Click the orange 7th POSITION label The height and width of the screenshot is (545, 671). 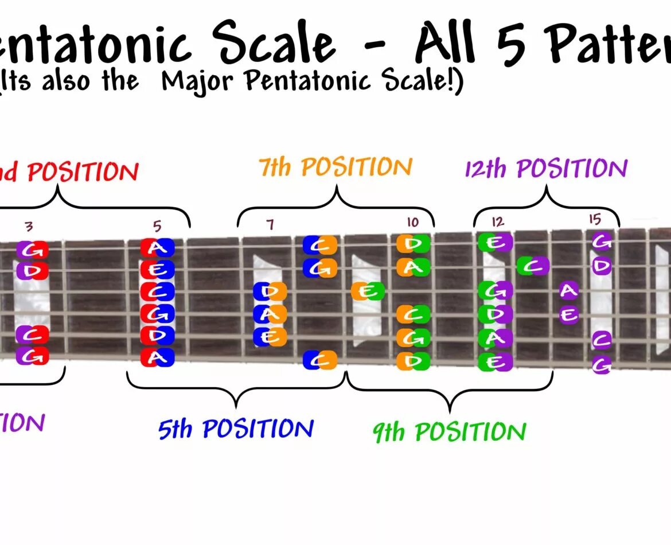[335, 168]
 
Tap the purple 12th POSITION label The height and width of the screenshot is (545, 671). [546, 169]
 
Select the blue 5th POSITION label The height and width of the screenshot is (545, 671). [236, 429]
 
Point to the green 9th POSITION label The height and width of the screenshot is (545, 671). [449, 432]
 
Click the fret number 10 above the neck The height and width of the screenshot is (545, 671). [413, 223]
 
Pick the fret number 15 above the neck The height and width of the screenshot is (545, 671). [594, 219]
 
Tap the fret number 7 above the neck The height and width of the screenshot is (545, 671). [270, 224]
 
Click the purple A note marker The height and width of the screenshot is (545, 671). [568, 291]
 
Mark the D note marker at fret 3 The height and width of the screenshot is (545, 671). [32, 270]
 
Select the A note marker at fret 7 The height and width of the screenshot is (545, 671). [270, 314]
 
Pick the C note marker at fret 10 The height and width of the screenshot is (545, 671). [413, 314]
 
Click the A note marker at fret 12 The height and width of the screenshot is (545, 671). [495, 338]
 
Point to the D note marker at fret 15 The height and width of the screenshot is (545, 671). [601, 267]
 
